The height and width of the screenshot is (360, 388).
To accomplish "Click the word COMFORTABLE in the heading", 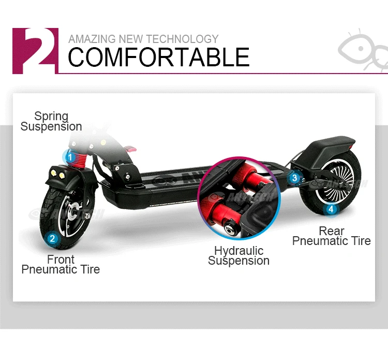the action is pyautogui.click(x=158, y=57).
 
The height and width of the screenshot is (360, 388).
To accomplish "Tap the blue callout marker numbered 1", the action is pyautogui.click(x=69, y=156).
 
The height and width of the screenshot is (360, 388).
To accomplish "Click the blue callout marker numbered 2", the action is pyautogui.click(x=52, y=239).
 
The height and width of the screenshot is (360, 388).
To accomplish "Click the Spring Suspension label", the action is pyautogui.click(x=51, y=121).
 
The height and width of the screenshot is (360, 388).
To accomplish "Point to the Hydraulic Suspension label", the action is pyautogui.click(x=238, y=256).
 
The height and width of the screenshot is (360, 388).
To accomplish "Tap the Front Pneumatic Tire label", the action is pyautogui.click(x=61, y=264).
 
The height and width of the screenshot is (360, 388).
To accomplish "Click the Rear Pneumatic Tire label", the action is pyautogui.click(x=331, y=236).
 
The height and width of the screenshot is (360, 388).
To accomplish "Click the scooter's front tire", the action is pyautogui.click(x=49, y=205).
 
